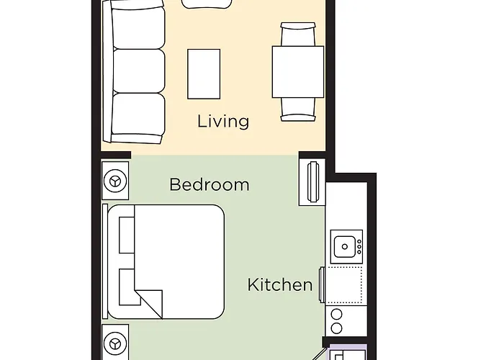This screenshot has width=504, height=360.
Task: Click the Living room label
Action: pos(223,122)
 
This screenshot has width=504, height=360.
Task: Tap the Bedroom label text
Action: pos(210,184)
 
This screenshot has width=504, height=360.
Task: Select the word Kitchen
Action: pos(280,285)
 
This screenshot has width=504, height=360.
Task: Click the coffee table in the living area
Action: pos(204,74)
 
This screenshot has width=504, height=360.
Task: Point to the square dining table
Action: pos(298,72)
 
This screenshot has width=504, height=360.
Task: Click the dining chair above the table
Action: pos(298,34)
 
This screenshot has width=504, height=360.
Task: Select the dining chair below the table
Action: pos(298,109)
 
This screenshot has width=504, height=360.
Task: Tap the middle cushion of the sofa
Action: pos(139,71)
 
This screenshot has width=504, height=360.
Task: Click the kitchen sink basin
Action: pos(345,246)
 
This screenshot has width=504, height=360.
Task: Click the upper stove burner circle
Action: pos(336,314)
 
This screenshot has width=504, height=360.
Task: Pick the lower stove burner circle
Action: pos(336,328)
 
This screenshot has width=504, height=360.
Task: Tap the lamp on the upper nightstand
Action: pos(115,181)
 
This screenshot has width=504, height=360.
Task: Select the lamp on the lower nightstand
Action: pos(115,343)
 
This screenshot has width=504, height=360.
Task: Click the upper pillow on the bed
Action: pos(127,235)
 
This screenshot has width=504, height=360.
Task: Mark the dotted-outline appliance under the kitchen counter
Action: pos(343,285)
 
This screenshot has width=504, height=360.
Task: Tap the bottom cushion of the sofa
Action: pos(138,114)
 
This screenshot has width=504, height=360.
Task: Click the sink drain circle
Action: pos(345,246)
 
